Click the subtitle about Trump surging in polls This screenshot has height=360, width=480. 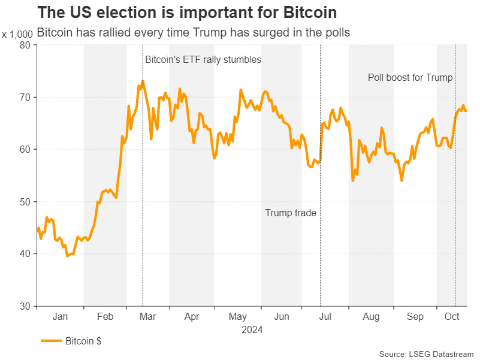click(193, 33)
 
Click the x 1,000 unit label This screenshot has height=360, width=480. click(17, 35)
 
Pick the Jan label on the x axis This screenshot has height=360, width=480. click(60, 317)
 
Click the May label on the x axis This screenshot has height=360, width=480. click(238, 317)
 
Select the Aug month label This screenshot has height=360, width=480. click(371, 317)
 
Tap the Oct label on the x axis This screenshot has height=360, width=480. click(452, 317)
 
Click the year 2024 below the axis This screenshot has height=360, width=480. click(252, 329)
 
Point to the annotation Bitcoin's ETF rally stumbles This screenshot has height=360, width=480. click(203, 60)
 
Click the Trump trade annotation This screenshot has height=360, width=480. click(291, 213)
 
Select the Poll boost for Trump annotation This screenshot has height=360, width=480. click(410, 78)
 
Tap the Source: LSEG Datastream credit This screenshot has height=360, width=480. click(427, 353)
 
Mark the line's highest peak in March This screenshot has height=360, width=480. click(143, 81)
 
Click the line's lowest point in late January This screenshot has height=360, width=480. click(67, 256)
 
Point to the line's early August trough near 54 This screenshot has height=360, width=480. click(352, 180)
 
